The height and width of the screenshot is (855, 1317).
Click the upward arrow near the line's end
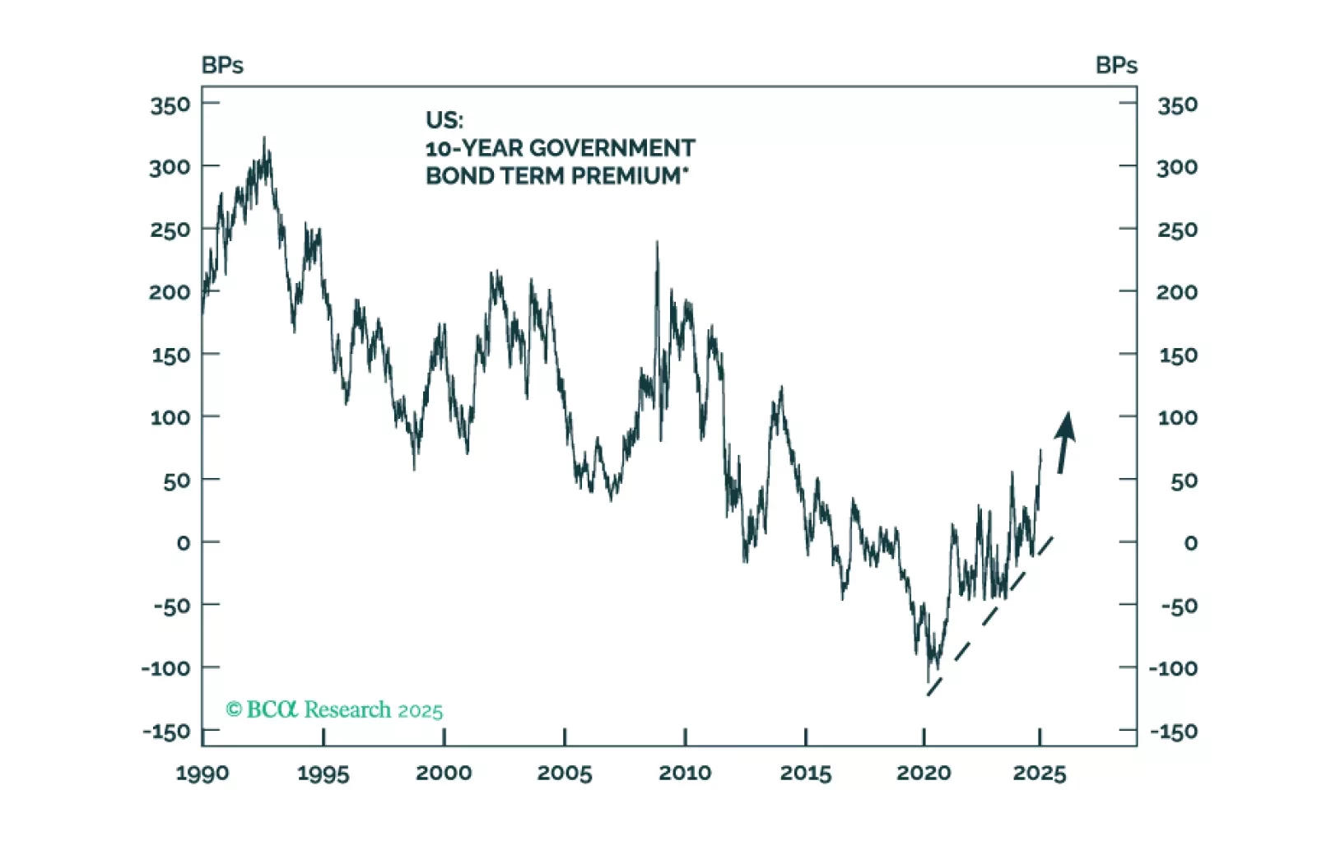pos(1064,442)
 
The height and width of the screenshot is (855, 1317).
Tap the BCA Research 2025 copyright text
pos(334,709)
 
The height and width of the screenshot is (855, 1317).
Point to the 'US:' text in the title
pos(444,120)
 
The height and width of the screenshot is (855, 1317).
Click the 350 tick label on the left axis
pos(170,105)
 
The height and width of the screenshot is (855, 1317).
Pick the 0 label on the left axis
pos(183,543)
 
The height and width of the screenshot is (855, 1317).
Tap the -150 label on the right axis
pos(1173,732)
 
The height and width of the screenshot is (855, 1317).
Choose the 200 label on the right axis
pos(1177,292)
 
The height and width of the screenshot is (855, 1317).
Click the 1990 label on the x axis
pos(202,774)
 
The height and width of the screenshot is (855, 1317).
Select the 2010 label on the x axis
pos(685,774)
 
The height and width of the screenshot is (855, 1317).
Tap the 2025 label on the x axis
pos(1040,774)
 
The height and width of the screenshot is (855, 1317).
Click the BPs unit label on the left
pos(222,66)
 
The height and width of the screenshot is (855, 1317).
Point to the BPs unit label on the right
pos(1116,66)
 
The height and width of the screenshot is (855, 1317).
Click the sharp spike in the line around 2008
pos(657,244)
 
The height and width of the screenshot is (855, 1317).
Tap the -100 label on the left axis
pos(165,668)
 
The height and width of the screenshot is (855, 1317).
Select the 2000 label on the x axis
pos(444,774)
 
